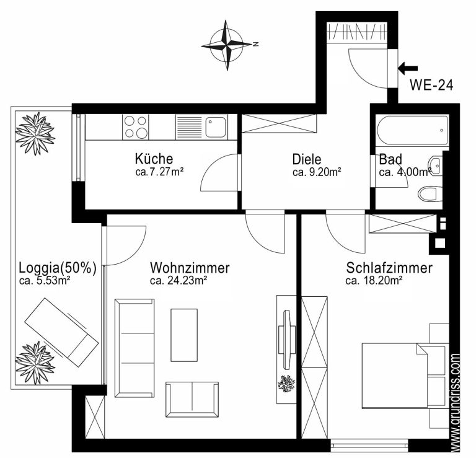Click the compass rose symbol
(227, 45)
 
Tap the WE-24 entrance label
(431, 85)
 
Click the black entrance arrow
(408, 68)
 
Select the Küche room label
(154, 159)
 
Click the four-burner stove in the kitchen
(135, 127)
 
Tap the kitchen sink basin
(216, 127)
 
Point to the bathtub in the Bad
(412, 130)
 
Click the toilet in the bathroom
(430, 193)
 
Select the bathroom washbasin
(436, 165)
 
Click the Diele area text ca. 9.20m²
(317, 172)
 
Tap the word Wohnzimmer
(190, 268)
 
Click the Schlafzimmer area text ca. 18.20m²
(374, 281)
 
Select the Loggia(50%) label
(58, 268)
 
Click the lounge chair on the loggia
(61, 332)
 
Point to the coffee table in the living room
(184, 335)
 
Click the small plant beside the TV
(286, 384)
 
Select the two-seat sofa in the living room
(192, 399)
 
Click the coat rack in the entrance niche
(357, 32)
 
